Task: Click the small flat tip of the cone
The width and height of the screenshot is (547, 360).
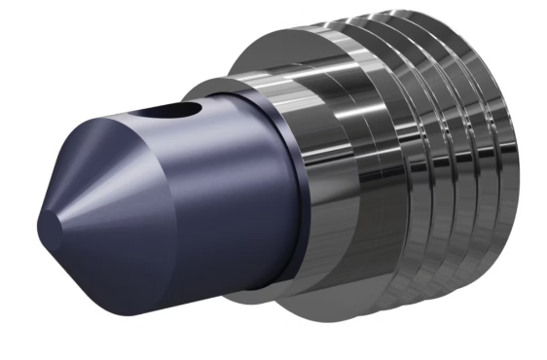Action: pyautogui.click(x=46, y=227)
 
